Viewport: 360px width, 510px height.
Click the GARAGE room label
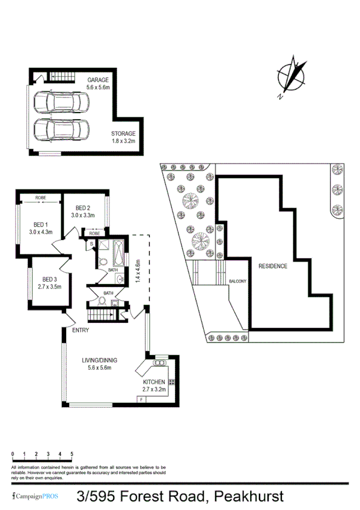(99, 79)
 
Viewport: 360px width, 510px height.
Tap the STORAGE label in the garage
(123, 134)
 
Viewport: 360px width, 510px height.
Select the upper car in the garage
(61, 102)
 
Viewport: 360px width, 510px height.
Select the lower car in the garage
(61, 131)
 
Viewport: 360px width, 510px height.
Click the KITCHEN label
(153, 382)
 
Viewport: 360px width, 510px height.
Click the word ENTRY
(81, 330)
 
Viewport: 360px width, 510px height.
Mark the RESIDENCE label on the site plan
(273, 266)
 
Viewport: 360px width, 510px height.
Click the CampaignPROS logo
(35, 497)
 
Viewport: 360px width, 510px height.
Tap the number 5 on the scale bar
(72, 454)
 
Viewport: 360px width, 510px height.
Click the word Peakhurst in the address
(246, 496)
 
